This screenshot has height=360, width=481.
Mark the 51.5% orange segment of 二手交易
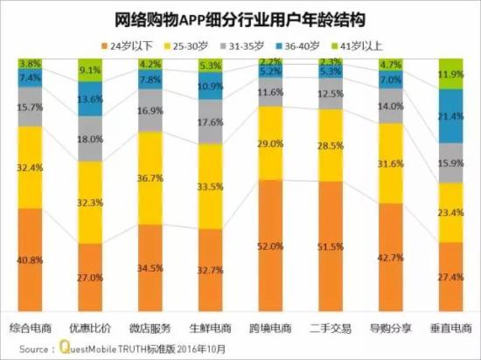click(330, 246)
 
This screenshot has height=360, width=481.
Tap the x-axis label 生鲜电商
click(210, 330)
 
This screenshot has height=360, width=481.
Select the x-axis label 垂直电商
click(450, 330)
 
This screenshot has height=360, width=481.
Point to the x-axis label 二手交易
click(330, 330)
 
